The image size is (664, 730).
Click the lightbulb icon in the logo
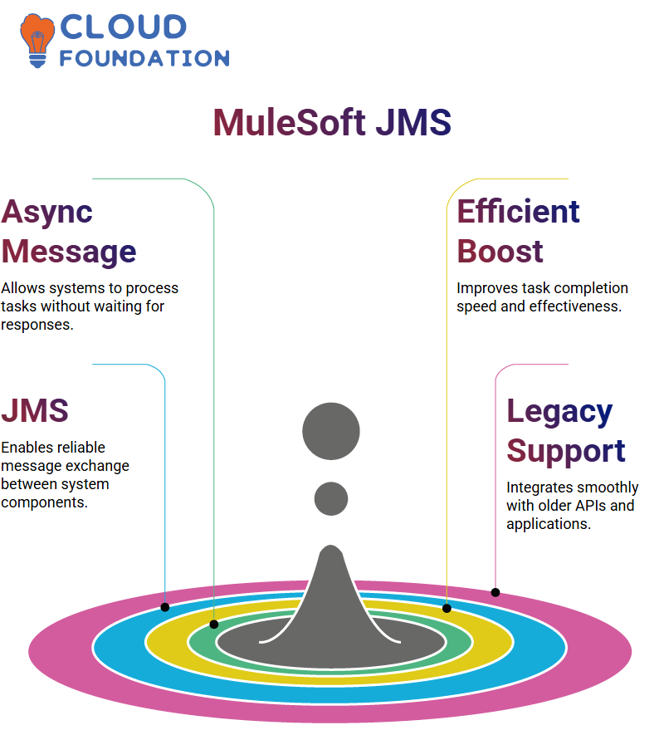(x=37, y=41)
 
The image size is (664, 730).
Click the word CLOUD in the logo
(x=124, y=27)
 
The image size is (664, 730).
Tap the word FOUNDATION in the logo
(x=144, y=58)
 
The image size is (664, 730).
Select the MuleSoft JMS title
(x=332, y=122)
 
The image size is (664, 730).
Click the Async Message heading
(x=69, y=232)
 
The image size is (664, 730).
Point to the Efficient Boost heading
(x=519, y=231)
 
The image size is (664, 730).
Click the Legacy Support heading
(x=566, y=431)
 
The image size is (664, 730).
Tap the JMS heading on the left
(x=35, y=410)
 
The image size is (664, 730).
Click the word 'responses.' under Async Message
(x=37, y=325)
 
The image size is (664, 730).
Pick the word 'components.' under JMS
(x=44, y=502)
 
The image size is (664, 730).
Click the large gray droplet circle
(x=331, y=431)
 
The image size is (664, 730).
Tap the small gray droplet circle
(x=331, y=498)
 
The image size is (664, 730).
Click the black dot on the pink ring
(x=496, y=593)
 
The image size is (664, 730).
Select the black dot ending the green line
(x=214, y=625)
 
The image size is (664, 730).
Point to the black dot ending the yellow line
(x=447, y=608)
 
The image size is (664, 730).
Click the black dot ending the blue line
(x=164, y=607)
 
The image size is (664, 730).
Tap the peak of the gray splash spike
(x=331, y=546)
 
